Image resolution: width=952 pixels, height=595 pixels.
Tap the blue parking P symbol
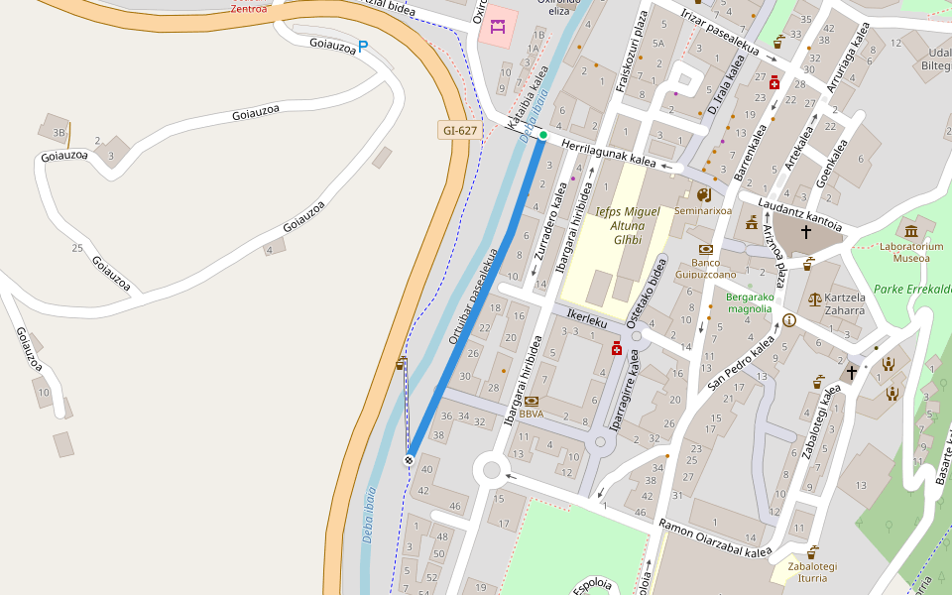[363, 46]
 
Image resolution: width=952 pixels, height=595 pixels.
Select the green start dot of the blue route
[542, 135]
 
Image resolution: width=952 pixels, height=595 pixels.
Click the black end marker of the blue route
[409, 460]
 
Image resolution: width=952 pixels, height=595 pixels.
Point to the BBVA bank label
[531, 414]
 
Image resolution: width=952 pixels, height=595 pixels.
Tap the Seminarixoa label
[702, 210]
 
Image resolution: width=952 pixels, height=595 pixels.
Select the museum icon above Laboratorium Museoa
[910, 230]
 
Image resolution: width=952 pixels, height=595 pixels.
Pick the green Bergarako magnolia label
[749, 302]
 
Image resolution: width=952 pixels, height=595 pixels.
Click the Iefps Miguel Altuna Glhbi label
[628, 225]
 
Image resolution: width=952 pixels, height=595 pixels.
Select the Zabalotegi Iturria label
[812, 572]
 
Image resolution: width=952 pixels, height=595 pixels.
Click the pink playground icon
[497, 27]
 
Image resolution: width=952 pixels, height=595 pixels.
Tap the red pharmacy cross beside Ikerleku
[616, 348]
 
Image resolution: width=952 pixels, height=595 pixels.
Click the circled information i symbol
[789, 320]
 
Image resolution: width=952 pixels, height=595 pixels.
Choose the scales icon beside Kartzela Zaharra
[815, 297]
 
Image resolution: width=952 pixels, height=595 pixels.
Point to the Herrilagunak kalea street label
[609, 153]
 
